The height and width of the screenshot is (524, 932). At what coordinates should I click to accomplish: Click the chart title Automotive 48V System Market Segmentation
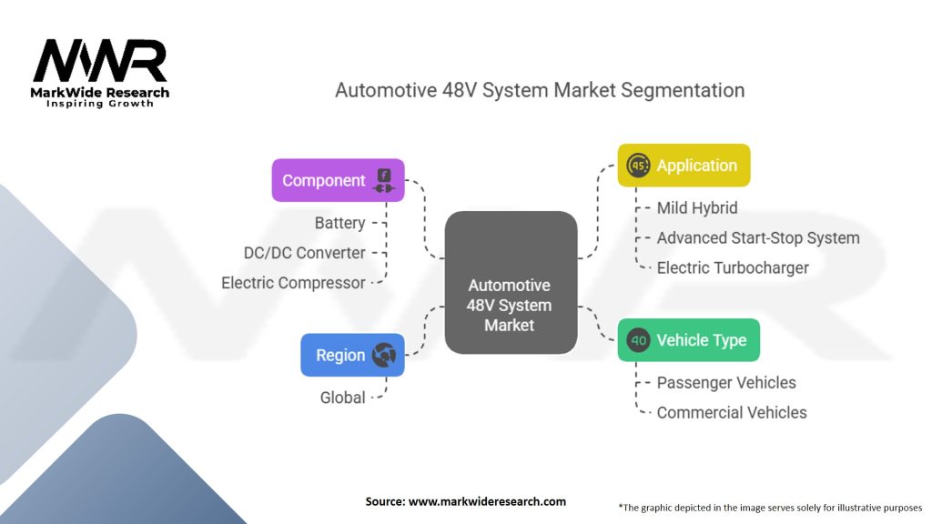539,90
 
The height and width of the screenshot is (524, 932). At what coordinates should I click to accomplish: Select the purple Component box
338,180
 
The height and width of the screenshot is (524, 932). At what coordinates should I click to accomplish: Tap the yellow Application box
684,166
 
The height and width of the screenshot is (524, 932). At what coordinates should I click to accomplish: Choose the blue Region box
352,355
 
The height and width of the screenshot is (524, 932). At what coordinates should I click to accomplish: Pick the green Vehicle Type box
688,340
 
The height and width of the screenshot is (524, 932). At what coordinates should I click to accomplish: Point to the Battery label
339,223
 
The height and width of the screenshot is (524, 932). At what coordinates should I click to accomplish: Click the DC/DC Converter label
304,253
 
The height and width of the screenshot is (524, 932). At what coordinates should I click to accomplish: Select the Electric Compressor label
293,283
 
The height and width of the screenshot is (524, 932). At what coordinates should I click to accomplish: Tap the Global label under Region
342,398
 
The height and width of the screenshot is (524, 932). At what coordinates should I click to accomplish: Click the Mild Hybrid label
697,208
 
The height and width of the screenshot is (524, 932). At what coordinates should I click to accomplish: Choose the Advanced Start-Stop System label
758,238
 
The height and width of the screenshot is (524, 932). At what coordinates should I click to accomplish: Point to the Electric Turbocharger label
733,267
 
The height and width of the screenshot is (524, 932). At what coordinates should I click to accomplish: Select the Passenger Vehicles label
726,383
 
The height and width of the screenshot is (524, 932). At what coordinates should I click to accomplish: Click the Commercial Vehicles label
732,412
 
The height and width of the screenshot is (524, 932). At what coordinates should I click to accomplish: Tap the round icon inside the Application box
639,166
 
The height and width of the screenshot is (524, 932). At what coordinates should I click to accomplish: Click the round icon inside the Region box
383,355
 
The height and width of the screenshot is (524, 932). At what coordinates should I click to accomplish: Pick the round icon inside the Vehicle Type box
639,340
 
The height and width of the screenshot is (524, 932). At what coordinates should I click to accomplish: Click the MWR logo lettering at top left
100,62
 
